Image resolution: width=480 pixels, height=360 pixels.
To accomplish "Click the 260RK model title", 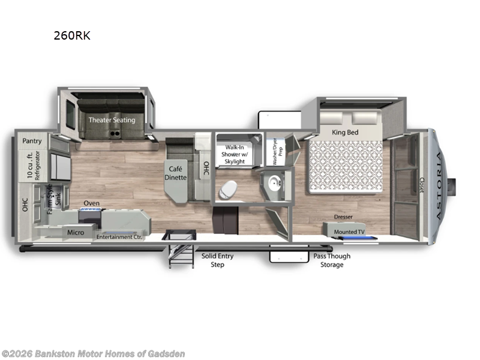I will pyautogui.click(x=72, y=35).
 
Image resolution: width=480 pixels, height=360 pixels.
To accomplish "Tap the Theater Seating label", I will pyautogui.click(x=112, y=119).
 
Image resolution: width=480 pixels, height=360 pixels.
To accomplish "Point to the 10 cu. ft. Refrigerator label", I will pyautogui.click(x=32, y=165).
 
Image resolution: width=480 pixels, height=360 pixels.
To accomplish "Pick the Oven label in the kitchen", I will pyautogui.click(x=91, y=203).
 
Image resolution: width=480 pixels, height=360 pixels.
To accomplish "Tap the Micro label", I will pyautogui.click(x=76, y=232).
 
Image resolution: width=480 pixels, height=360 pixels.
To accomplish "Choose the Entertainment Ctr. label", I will pyautogui.click(x=122, y=237).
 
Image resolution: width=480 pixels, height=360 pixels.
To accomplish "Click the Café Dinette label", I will pyautogui.click(x=177, y=173).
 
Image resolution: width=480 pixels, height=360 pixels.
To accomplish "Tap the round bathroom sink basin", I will pyautogui.click(x=275, y=183).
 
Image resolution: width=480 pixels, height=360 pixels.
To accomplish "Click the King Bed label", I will pyautogui.click(x=345, y=132).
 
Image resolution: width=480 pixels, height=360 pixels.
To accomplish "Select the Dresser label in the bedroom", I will pyautogui.click(x=344, y=217).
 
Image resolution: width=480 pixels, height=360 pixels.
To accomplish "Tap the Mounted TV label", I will pyautogui.click(x=349, y=230).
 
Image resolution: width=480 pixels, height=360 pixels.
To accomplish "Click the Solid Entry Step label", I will pyautogui.click(x=217, y=260).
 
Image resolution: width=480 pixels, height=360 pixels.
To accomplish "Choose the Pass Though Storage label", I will pyautogui.click(x=332, y=260).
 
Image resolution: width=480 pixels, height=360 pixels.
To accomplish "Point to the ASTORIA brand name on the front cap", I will pyautogui.click(x=441, y=178).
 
